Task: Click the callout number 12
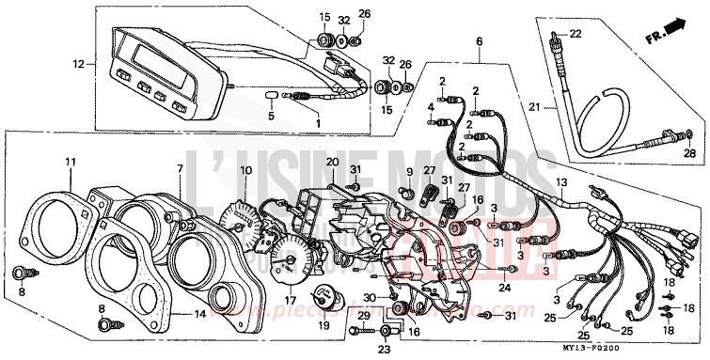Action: (79, 65)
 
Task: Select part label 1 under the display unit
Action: (317, 122)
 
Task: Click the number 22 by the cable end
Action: (576, 34)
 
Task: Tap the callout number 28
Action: (688, 153)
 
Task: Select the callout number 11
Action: (70, 162)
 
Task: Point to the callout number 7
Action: (179, 167)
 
